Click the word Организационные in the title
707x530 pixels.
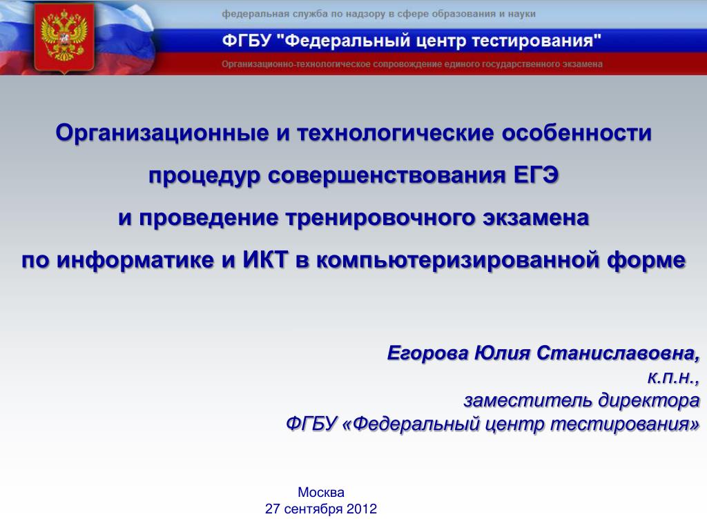tap(162, 133)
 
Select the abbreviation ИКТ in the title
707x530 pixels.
tap(265, 259)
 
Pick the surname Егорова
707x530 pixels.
tap(427, 353)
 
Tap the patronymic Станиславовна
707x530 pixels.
tap(618, 353)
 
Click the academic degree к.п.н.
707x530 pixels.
tap(673, 377)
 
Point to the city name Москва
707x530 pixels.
tap(321, 492)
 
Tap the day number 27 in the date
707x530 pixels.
tap(272, 509)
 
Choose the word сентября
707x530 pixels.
tap(313, 510)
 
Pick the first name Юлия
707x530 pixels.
tap(503, 353)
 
